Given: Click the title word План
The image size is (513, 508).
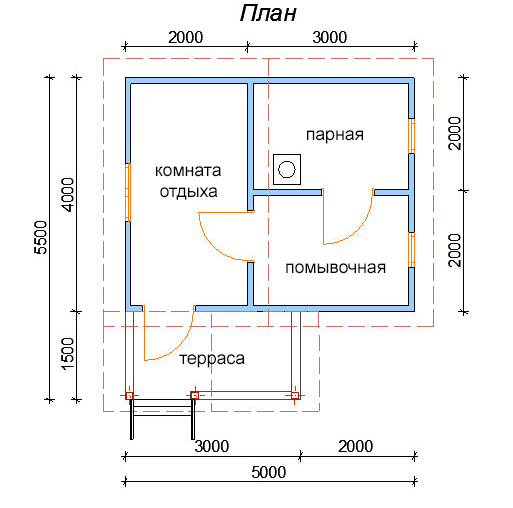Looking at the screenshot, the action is pyautogui.click(x=268, y=14).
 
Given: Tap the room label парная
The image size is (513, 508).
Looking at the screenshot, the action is pyautogui.click(x=335, y=135).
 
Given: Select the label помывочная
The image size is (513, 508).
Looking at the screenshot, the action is pyautogui.click(x=336, y=268).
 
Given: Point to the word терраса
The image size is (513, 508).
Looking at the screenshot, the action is pyautogui.click(x=212, y=359).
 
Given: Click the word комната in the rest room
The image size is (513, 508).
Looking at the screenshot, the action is pyautogui.click(x=188, y=171).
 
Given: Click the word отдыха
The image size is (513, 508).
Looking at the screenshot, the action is pyautogui.click(x=188, y=192).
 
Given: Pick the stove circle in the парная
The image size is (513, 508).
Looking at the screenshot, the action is pyautogui.click(x=287, y=169).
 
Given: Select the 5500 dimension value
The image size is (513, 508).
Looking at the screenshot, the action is pyautogui.click(x=41, y=237).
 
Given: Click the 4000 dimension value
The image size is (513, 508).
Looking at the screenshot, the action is pyautogui.click(x=68, y=195).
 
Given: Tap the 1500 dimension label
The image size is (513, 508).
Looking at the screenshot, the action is pyautogui.click(x=68, y=354).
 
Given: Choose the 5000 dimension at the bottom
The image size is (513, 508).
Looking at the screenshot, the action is pyautogui.click(x=269, y=472).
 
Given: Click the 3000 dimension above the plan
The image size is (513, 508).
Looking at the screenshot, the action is pyautogui.click(x=330, y=37).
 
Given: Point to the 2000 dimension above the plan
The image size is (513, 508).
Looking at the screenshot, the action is pyautogui.click(x=185, y=37).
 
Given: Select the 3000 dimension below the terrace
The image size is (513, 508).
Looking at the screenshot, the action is pyautogui.click(x=212, y=446).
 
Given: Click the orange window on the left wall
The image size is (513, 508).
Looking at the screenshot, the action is pyautogui.click(x=128, y=192).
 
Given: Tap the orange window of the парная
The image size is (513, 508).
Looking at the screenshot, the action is pyautogui.click(x=412, y=136).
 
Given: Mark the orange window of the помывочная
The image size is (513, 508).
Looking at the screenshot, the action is pyautogui.click(x=412, y=250).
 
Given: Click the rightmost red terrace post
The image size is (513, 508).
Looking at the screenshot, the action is pyautogui.click(x=295, y=395).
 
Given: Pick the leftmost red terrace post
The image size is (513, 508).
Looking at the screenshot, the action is pyautogui.click(x=129, y=396).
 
